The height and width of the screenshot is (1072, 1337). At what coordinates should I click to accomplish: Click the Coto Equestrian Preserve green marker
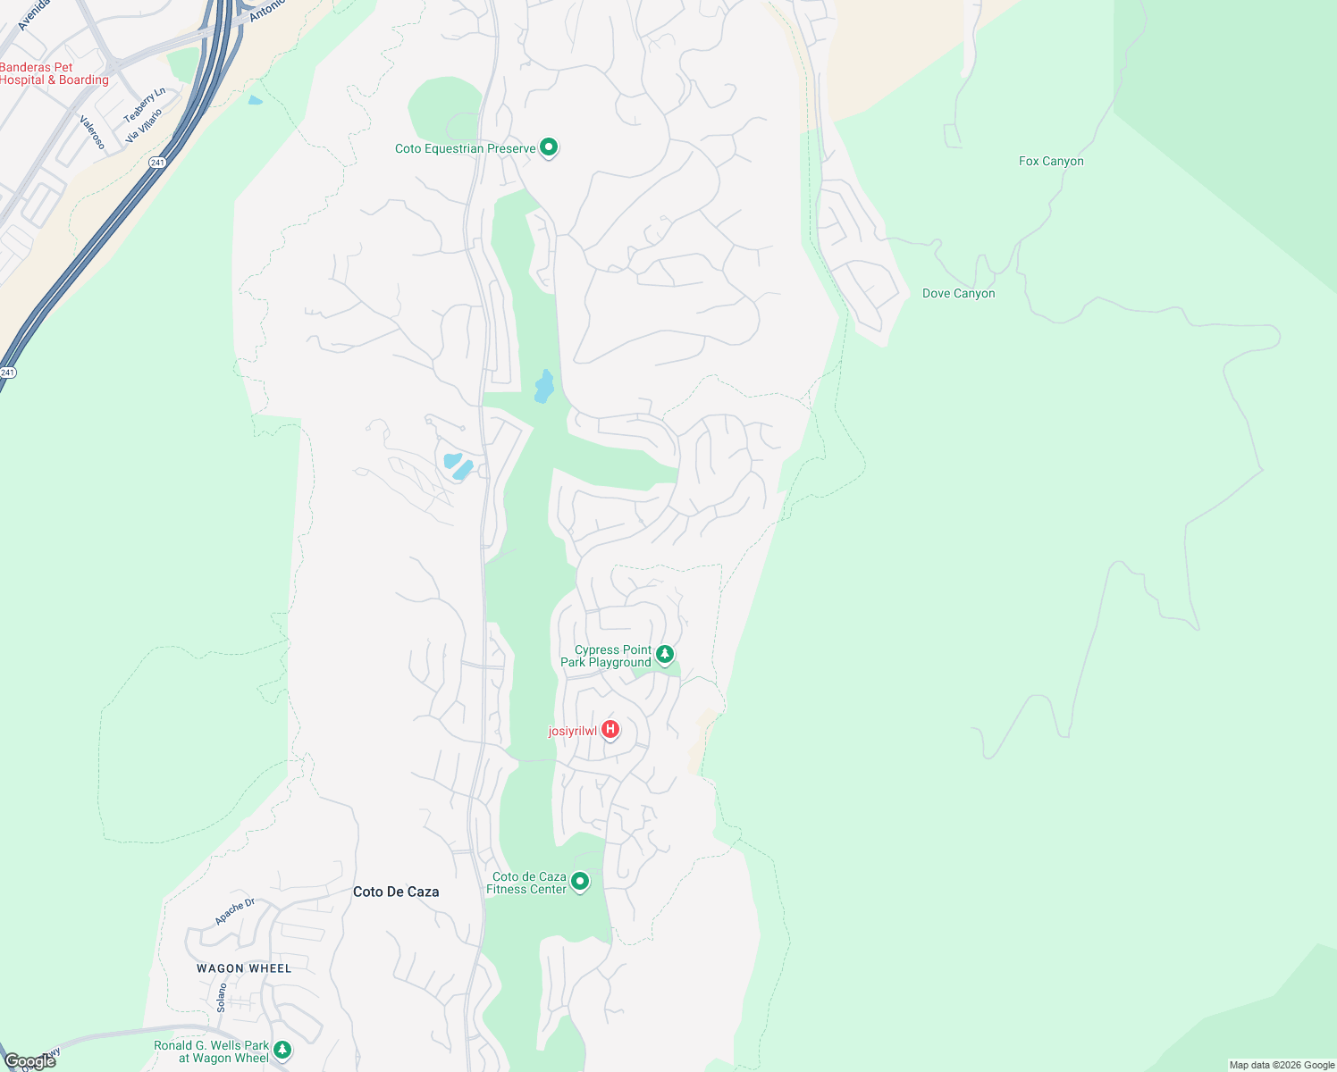[550, 147]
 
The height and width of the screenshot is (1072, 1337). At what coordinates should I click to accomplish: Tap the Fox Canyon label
[1051, 162]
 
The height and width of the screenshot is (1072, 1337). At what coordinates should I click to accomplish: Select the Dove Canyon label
[958, 294]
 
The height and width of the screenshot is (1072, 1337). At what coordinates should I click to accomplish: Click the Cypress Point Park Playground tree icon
[665, 655]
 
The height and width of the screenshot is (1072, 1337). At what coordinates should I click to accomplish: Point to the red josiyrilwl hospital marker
[610, 730]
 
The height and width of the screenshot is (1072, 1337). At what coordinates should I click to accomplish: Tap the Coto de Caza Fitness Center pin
[580, 882]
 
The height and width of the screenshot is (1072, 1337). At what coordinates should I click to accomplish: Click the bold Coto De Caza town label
[396, 892]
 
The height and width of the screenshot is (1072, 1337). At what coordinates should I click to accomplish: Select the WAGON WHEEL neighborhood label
[244, 968]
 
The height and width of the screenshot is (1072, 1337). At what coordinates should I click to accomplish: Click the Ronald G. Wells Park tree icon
[282, 1050]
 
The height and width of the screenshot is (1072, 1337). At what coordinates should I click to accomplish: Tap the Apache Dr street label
[235, 912]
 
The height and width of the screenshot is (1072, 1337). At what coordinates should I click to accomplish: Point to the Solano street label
[222, 997]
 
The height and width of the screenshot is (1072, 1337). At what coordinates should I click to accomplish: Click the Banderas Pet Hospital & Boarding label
[54, 73]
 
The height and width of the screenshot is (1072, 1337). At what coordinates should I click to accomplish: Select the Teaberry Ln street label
[144, 105]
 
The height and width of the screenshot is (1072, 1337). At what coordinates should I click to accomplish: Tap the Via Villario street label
[144, 126]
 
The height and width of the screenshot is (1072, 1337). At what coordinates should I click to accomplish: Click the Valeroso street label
[93, 132]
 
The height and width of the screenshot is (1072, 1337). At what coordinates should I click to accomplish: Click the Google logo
[29, 1061]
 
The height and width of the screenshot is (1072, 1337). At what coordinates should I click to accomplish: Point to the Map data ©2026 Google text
[1282, 1065]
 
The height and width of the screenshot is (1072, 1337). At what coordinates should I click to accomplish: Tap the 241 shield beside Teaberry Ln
[157, 162]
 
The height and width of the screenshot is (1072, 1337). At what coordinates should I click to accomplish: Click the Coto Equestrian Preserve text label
[465, 148]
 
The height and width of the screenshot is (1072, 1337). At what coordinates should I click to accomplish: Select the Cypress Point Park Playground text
[606, 657]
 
